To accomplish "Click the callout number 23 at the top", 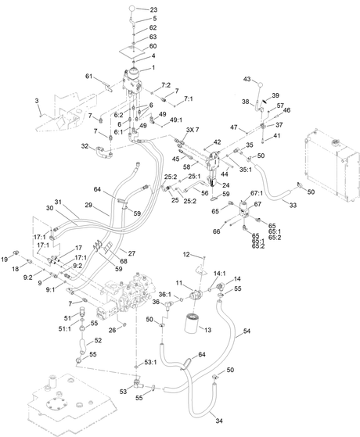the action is (153, 9).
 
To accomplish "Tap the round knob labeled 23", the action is (132, 9).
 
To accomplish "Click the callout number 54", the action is (247, 331).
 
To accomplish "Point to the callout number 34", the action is (219, 421).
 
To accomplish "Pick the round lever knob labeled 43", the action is (261, 84).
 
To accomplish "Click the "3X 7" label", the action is (193, 130).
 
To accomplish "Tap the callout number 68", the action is (124, 261).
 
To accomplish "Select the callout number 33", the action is (293, 205).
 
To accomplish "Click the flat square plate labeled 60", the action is (132, 52).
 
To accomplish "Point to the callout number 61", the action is (88, 76).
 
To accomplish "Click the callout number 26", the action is (112, 330).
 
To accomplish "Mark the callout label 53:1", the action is (151, 362).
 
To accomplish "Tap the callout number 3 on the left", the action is (37, 101).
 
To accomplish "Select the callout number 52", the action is (98, 340).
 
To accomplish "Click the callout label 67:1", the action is (257, 193).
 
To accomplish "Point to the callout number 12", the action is (186, 254).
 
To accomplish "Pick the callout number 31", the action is (58, 202).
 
